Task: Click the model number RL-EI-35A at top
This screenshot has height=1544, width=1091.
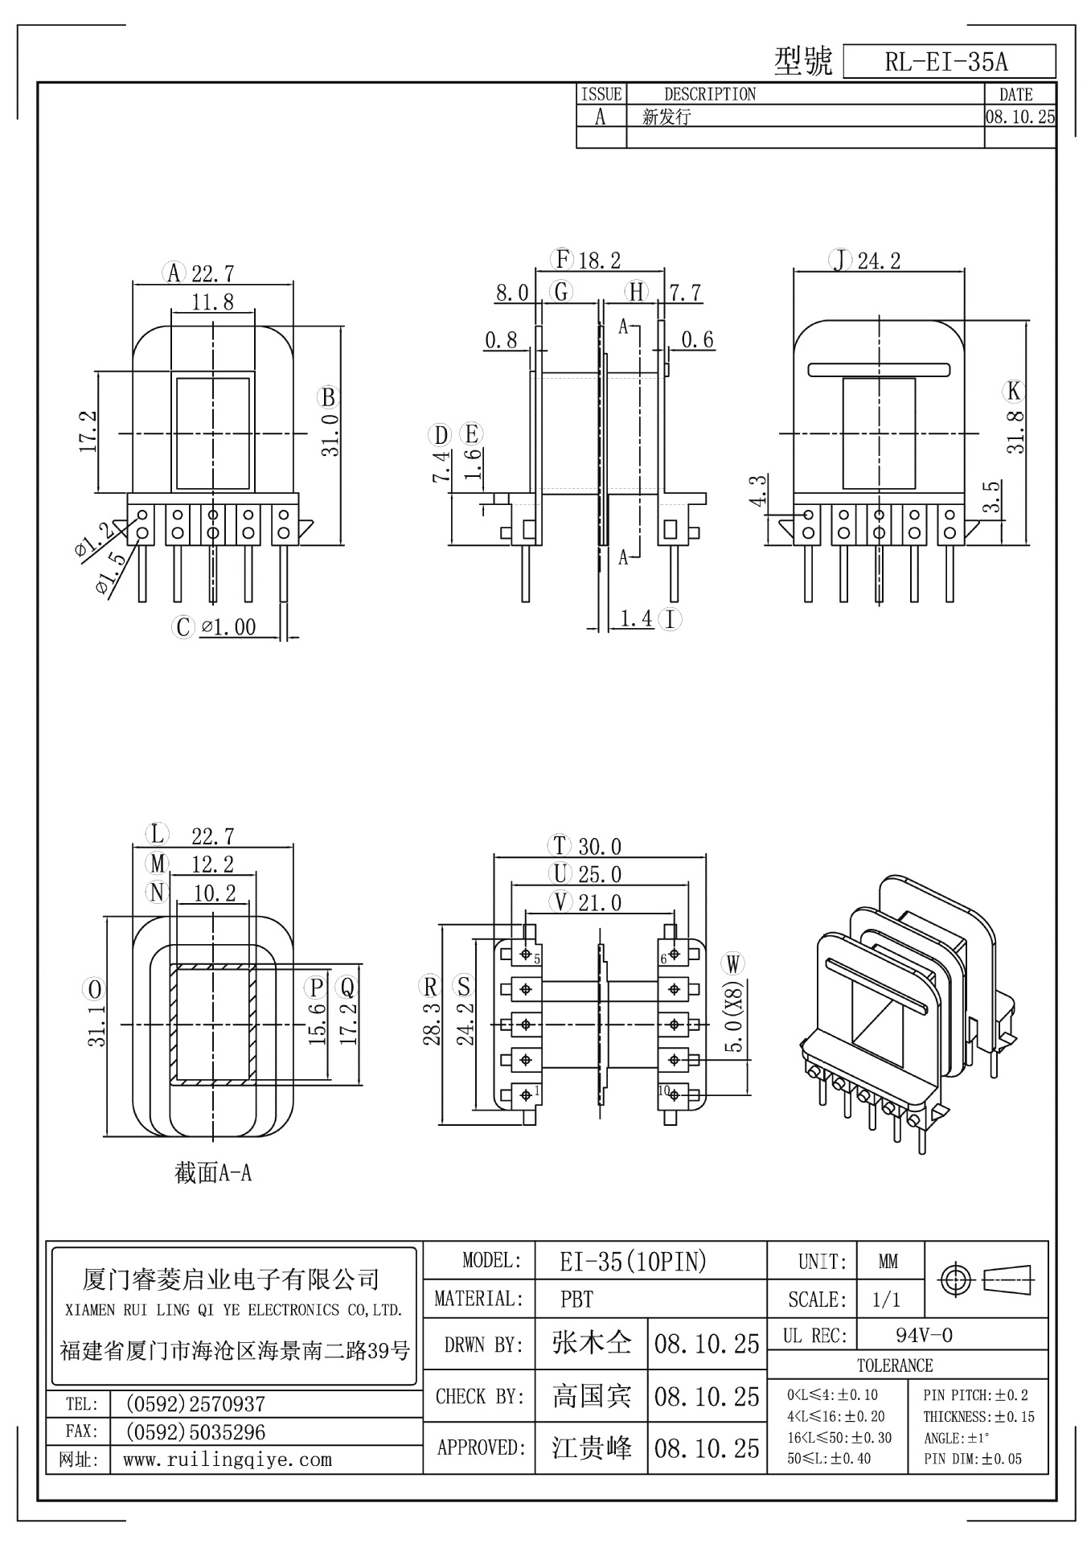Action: point(946,63)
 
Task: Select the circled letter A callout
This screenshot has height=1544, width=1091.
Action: point(174,273)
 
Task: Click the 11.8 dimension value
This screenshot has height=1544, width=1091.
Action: point(213,302)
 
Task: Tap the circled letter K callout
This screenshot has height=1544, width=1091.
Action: point(1014,392)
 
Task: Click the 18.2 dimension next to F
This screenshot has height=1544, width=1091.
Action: point(600,261)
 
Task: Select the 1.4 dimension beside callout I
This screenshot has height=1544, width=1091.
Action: point(636,618)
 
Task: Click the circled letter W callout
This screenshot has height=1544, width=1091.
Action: point(733,963)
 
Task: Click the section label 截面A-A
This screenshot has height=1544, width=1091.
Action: point(214,1173)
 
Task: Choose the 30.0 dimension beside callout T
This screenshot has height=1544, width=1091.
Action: point(600,847)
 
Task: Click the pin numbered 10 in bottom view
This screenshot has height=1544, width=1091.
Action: point(664,1091)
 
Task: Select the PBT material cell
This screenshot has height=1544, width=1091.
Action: point(576,1300)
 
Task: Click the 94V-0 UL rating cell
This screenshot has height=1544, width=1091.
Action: point(924,1336)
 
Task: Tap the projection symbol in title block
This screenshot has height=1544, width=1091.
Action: point(986,1278)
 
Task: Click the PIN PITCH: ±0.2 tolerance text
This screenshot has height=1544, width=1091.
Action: point(975,1395)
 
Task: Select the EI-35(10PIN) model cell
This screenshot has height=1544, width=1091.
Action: point(633,1262)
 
